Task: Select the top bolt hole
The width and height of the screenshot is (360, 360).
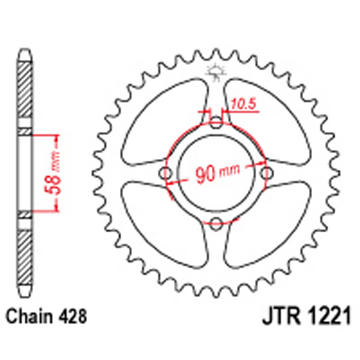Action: [216, 124]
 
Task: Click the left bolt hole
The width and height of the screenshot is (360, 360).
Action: [166, 174]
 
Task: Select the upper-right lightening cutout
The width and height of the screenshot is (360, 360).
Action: [270, 120]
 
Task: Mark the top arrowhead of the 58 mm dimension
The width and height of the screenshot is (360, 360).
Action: [57, 137]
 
